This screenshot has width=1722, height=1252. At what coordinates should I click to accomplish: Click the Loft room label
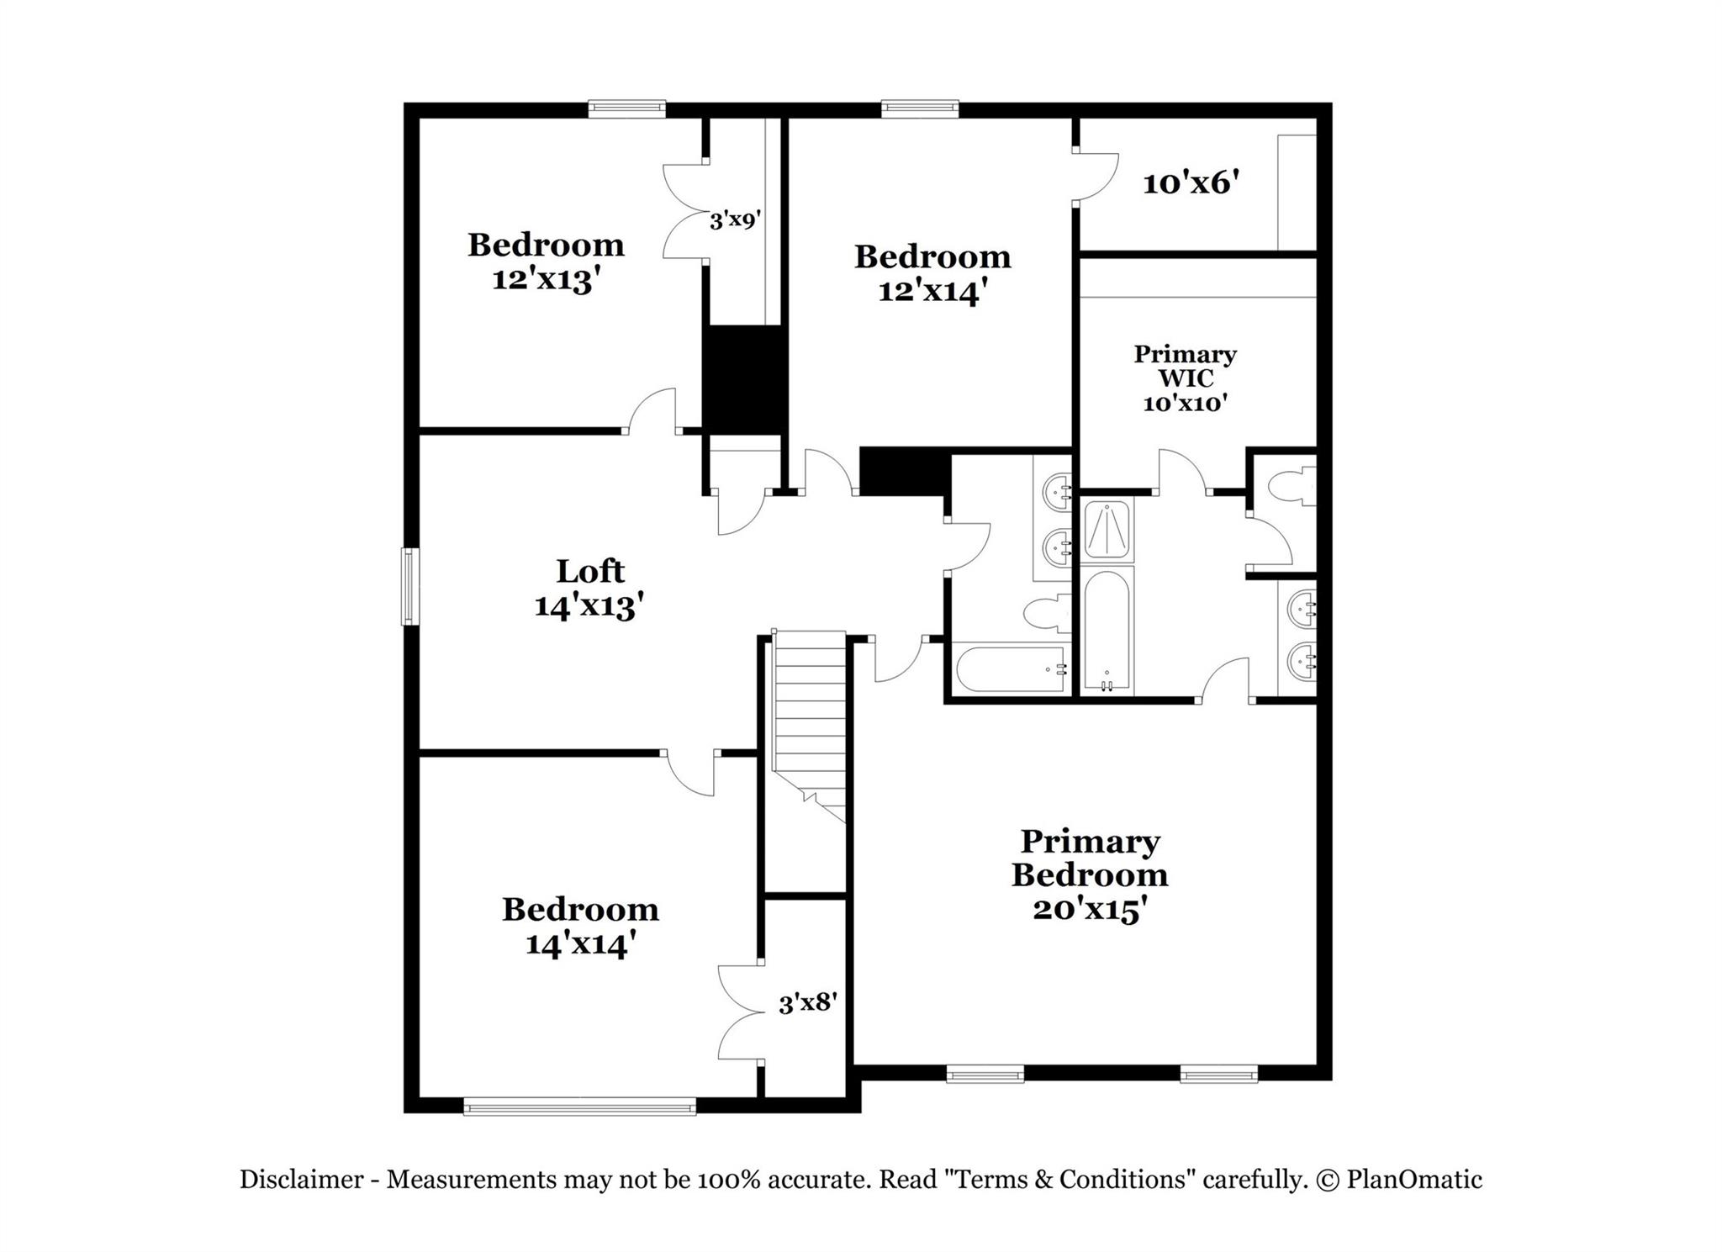coord(589,572)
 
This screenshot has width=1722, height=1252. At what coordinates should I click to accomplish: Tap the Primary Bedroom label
coord(1090,858)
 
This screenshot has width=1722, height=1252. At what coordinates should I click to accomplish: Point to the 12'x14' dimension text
coord(932,291)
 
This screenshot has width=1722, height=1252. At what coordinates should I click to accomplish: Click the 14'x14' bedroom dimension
coord(579,944)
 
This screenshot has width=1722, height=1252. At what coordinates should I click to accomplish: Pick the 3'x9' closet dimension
coord(736,220)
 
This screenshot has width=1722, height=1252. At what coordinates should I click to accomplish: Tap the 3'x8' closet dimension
coord(807,1003)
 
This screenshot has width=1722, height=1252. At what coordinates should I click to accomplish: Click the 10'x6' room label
coord(1191,183)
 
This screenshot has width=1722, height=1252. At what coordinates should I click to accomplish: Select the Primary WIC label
coord(1185,366)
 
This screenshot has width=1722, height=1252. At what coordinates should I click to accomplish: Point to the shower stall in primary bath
coord(1107,530)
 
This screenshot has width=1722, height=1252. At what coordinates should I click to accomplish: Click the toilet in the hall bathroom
coord(1048,613)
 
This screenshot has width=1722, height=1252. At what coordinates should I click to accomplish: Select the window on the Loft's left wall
coord(409,586)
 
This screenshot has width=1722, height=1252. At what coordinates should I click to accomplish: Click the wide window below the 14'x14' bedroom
coord(580,1107)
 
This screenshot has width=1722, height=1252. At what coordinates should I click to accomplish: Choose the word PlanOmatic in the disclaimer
coord(1414,1180)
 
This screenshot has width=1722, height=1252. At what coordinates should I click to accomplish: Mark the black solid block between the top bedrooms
coord(744,379)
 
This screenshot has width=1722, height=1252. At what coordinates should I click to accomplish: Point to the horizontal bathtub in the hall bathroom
coord(1012,668)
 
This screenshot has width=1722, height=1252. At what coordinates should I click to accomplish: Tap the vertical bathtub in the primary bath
coord(1107,631)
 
